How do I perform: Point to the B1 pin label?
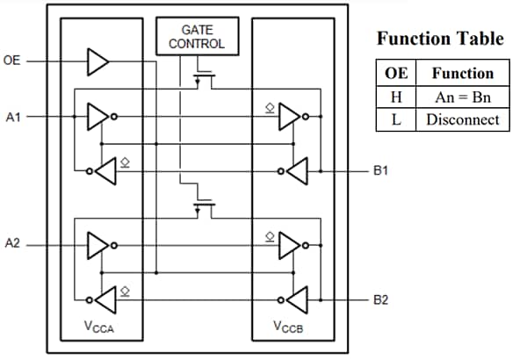pos(380,171)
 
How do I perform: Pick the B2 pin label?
pos(380,300)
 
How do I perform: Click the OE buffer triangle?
pos(97,62)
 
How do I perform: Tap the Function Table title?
pos(440,39)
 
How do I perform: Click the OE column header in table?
pos(396,74)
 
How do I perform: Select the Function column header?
pos(463,74)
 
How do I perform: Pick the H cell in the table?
pos(396,97)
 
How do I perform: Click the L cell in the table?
pos(396,119)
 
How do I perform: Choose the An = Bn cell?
pos(463,97)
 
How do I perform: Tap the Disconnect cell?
pos(463,119)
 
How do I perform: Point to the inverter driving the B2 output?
pos(296,300)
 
